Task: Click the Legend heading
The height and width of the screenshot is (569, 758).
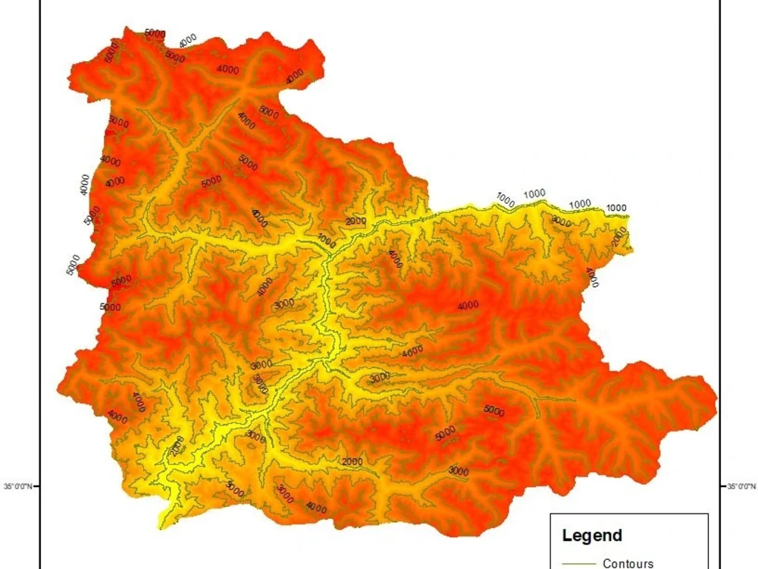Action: click(x=592, y=536)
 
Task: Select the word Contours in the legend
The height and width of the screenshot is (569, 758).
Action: click(x=628, y=563)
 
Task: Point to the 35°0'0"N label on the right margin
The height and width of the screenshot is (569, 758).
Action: click(x=741, y=486)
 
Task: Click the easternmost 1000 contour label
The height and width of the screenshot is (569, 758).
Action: click(x=616, y=208)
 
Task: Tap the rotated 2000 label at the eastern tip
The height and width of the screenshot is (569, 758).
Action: click(x=620, y=237)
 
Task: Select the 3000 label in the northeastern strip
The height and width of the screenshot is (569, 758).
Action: click(x=561, y=221)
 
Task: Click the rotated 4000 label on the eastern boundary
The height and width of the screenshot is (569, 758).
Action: click(x=592, y=277)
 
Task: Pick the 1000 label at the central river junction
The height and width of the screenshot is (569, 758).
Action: click(x=327, y=240)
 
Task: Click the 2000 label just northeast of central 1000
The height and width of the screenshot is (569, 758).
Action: click(x=355, y=221)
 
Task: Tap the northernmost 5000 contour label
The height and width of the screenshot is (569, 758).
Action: click(x=155, y=33)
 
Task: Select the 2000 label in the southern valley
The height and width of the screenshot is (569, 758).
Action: click(x=352, y=461)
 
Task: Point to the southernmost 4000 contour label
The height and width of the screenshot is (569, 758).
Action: click(x=315, y=507)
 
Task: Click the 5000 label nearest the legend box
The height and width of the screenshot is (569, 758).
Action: click(x=493, y=411)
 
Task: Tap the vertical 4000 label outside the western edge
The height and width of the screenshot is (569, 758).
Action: click(x=85, y=184)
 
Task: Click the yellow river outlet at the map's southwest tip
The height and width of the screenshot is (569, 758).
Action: click(x=164, y=522)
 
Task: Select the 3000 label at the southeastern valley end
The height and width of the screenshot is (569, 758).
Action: click(x=458, y=470)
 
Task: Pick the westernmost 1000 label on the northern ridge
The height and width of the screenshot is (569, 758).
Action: click(x=506, y=199)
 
